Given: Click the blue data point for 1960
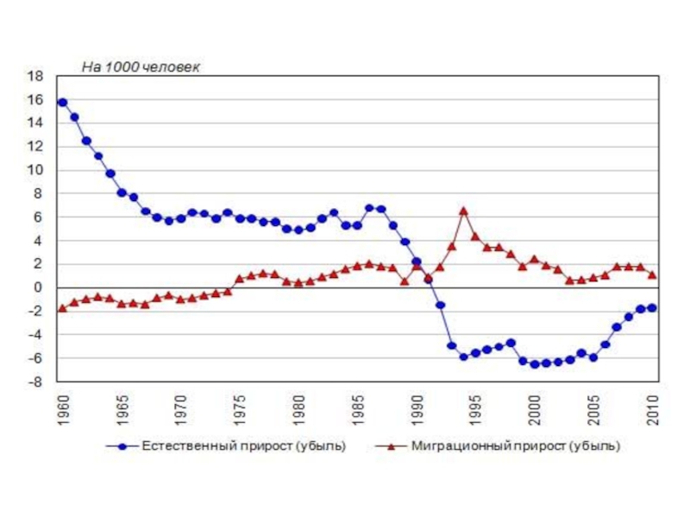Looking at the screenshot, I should (x=62, y=102).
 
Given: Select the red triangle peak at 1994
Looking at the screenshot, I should (x=463, y=211).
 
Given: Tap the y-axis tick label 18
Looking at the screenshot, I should (x=35, y=76).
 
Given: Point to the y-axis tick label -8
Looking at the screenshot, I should (x=35, y=382).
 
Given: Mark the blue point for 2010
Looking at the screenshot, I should (x=652, y=307).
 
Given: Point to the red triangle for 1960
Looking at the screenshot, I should (x=62, y=308).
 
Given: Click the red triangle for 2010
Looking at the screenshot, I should (x=652, y=275).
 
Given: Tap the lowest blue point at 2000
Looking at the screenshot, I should (x=535, y=364).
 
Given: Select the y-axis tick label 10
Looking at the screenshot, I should (x=35, y=170).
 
